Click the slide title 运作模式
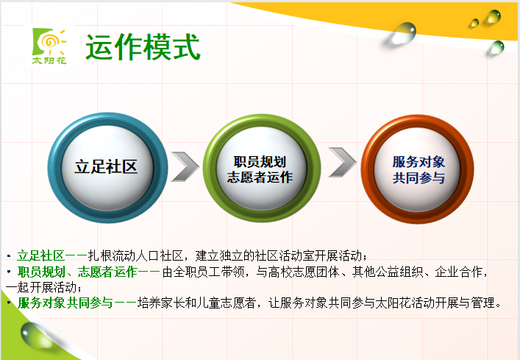coord(143,47)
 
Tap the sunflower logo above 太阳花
coord(49,42)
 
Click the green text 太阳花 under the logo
coord(49,60)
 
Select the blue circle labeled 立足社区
coord(107,168)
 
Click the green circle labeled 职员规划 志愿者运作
coord(262,168)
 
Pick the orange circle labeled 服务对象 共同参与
coord(417,169)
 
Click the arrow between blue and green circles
coord(185,166)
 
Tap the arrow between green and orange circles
coord(342,162)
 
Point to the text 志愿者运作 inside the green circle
coord(260,177)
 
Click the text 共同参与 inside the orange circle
coord(419,178)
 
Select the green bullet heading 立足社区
coord(40,255)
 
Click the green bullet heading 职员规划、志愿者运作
coord(77,272)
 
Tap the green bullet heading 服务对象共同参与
coord(65,303)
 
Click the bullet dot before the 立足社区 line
coord(9,255)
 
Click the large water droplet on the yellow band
coord(403,33)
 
